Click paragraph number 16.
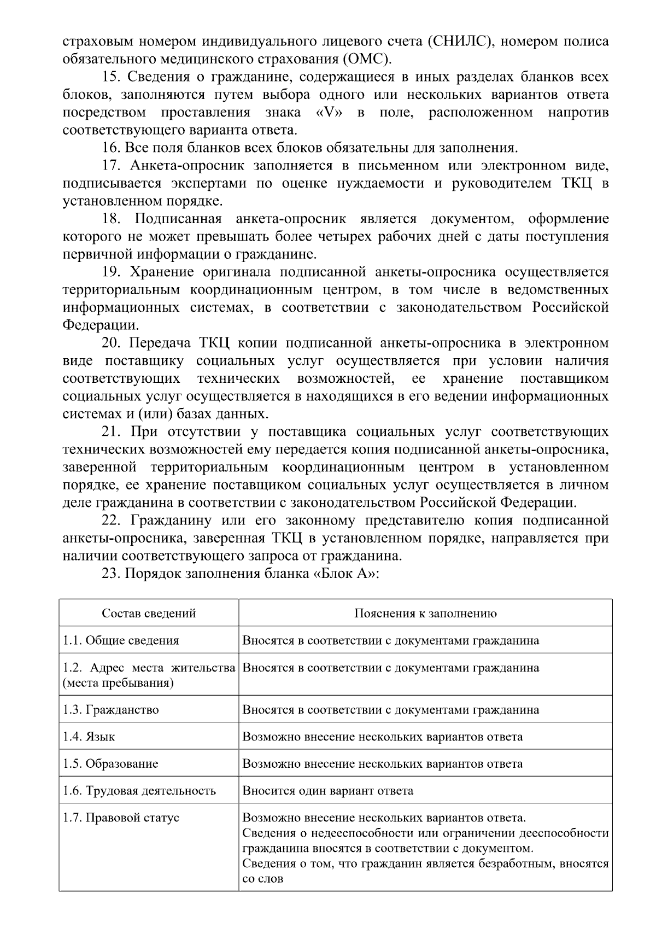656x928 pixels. (111, 148)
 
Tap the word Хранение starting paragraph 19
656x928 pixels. (162, 272)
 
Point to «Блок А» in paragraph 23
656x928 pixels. (348, 574)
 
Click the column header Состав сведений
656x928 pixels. (149, 613)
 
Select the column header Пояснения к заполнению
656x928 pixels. (425, 613)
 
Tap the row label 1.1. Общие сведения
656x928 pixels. (121, 640)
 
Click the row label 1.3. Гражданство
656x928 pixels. (111, 710)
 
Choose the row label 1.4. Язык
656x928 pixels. (89, 737)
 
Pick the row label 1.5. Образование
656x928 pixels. (110, 764)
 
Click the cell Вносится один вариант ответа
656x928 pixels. (327, 791)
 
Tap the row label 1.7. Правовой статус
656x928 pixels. (121, 818)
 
